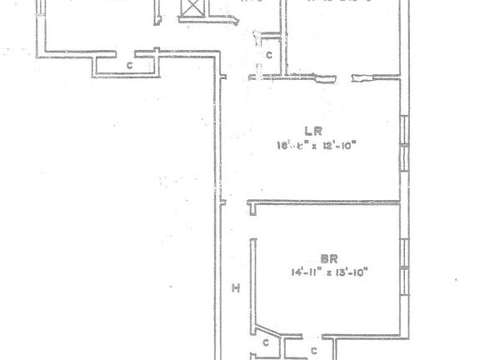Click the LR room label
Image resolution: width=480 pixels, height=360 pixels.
(313, 131)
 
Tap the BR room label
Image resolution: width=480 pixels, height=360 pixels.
(329, 259)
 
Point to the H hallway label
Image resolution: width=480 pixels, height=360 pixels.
(236, 288)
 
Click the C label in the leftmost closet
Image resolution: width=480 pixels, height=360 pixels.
(129, 65)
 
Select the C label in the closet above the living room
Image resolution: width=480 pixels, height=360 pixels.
(268, 55)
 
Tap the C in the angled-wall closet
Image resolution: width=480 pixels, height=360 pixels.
(265, 342)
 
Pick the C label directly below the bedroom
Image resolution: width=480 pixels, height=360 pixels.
(313, 351)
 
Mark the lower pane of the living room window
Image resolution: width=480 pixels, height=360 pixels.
(405, 159)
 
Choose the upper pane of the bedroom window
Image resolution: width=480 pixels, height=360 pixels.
(405, 252)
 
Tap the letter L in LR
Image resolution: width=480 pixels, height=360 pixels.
(309, 131)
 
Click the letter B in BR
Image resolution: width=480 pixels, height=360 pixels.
(325, 259)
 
